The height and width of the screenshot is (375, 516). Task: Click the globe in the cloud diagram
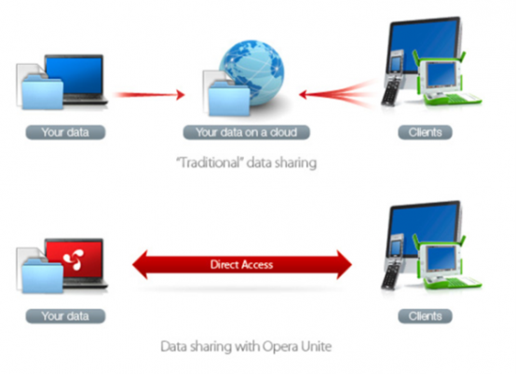pos(251,73)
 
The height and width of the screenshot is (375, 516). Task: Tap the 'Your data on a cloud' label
pos(247,132)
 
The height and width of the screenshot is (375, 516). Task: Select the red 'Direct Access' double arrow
pos(242,264)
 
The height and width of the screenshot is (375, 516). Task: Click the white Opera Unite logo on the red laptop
pos(74,260)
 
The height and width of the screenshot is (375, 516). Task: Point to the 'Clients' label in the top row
pos(425,132)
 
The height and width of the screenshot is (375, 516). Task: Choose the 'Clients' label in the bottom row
pos(425,316)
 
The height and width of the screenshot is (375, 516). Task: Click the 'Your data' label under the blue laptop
pos(65,132)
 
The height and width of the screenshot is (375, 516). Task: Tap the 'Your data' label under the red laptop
pos(65,316)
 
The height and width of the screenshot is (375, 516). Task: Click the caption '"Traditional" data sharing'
pos(247,163)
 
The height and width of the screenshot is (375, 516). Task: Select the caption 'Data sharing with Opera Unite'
pos(246,346)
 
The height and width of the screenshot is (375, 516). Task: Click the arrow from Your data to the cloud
pos(149,95)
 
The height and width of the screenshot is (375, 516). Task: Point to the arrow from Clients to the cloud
pos(337,95)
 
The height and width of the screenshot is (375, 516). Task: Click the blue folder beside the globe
pos(229,99)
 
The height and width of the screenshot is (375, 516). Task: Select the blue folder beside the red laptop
pos(43,275)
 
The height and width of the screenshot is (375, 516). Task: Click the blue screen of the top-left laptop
pos(74,75)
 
